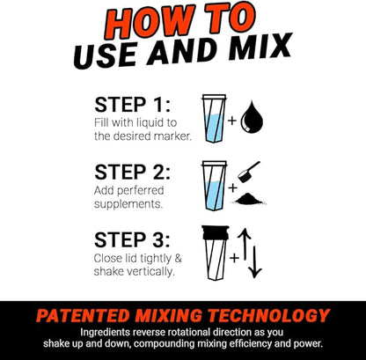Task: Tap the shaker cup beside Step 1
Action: pos(213,119)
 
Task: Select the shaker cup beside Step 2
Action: pos(213,185)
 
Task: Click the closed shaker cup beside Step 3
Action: pos(213,254)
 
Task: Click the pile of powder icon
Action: pos(253,200)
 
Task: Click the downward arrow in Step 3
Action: pos(256,265)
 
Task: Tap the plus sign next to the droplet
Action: pos(233,120)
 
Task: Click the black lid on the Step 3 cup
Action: pos(213,233)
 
